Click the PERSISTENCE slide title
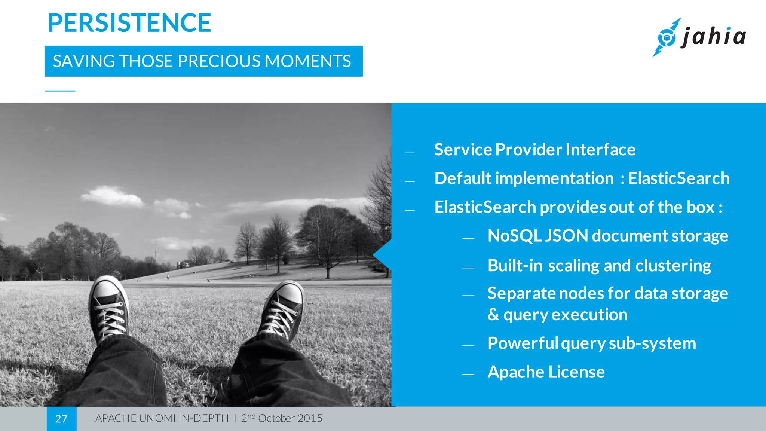click(129, 23)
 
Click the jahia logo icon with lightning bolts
click(666, 37)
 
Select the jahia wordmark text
click(714, 37)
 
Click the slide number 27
click(61, 419)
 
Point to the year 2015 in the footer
click(310, 418)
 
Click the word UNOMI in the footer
click(157, 418)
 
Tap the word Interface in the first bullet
click(600, 150)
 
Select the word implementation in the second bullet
click(554, 178)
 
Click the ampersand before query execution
click(493, 315)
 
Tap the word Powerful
click(523, 343)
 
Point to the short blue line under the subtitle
click(60, 91)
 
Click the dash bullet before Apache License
click(468, 374)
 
